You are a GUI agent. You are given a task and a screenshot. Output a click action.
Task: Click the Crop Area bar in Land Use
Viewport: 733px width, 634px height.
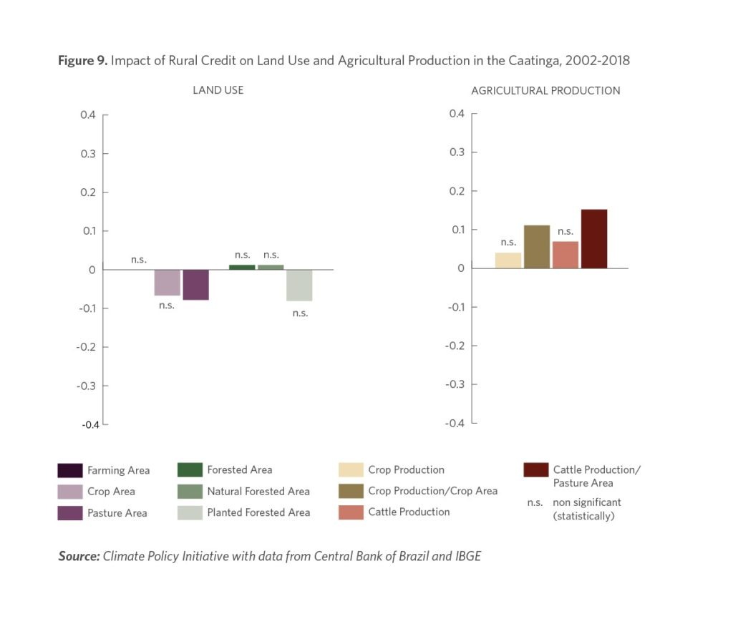pos(167,283)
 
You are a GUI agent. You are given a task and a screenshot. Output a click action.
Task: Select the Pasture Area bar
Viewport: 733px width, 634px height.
pos(195,285)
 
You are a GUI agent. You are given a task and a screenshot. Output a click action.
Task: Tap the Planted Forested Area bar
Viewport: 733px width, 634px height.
pos(299,286)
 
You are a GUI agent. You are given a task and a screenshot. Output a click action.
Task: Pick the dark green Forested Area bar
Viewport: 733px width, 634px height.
pos(242,267)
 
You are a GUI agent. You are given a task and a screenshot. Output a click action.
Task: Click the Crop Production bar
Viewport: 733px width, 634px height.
pos(508,260)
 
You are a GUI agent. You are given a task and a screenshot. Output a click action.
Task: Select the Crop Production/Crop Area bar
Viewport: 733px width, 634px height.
pos(537,247)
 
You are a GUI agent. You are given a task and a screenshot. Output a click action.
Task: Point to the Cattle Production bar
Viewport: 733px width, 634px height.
pos(565,255)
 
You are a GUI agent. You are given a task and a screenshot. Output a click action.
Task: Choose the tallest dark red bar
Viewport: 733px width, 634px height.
pos(594,239)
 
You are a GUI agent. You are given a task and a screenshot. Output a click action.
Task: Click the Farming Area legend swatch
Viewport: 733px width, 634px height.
pos(69,470)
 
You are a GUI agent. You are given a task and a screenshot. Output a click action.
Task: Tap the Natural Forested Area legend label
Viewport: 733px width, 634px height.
pos(258,491)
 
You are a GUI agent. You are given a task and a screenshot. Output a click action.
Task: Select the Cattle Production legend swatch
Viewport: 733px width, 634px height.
pos(350,512)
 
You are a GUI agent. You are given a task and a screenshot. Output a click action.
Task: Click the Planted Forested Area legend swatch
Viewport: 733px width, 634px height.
pos(189,512)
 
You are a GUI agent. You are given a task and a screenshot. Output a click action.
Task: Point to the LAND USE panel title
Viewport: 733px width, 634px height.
pos(218,90)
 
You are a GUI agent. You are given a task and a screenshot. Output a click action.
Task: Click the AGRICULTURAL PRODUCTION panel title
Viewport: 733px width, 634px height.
pos(545,91)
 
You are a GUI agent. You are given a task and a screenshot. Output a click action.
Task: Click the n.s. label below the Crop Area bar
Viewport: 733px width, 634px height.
pos(166,306)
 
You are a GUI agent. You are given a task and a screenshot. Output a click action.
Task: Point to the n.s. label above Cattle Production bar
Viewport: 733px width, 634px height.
pos(565,231)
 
